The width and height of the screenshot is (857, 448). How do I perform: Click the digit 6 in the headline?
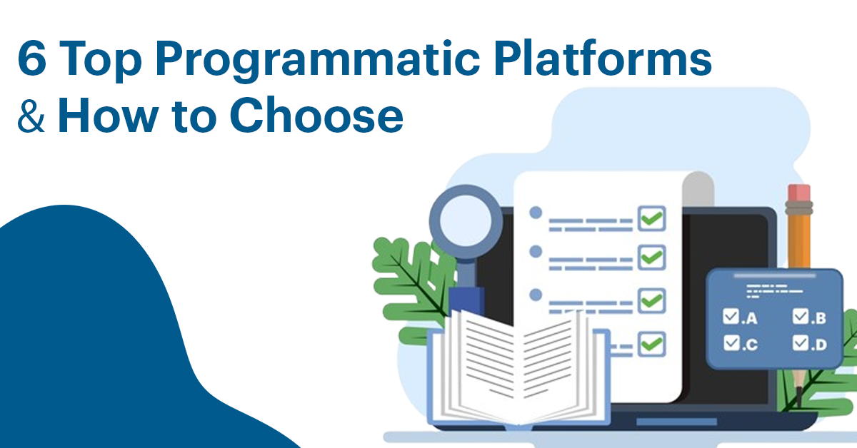[x=31, y=60]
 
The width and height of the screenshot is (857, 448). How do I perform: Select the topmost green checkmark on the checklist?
[x=651, y=218]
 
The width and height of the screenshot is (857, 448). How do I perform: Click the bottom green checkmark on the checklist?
[x=651, y=345]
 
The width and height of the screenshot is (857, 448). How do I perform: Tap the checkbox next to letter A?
[x=730, y=316]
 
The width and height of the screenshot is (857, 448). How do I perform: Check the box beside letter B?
[x=799, y=316]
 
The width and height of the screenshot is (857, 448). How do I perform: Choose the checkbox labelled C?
[x=730, y=343]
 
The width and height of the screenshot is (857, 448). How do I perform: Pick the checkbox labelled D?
[x=799, y=343]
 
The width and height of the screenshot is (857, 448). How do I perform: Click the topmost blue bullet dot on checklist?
[x=535, y=212]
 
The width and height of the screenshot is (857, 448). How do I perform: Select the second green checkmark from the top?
[x=651, y=256]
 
